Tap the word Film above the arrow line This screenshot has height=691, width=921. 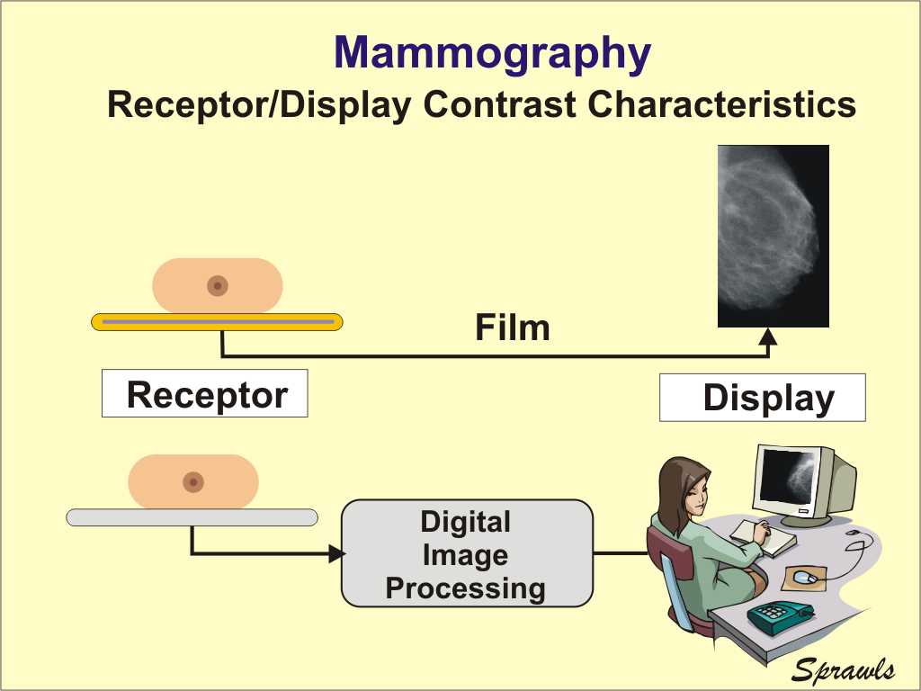(512, 328)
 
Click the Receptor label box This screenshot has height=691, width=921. (205, 393)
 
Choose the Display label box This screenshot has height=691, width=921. (763, 397)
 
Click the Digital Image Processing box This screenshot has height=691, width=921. (467, 553)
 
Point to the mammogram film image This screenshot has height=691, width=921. (773, 236)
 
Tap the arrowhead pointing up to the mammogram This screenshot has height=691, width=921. (768, 337)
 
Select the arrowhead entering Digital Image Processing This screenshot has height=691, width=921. (336, 553)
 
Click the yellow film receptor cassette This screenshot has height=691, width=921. (218, 322)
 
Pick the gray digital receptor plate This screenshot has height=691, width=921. (192, 517)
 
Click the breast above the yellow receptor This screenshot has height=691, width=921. (218, 285)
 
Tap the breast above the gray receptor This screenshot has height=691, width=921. (193, 482)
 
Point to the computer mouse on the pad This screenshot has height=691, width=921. (805, 577)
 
